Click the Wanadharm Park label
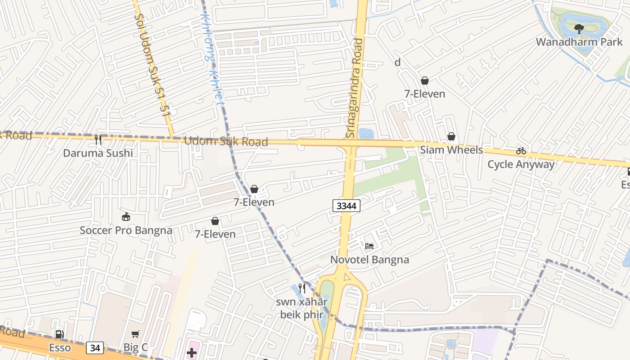coord(579,42)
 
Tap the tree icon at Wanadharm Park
coord(579,29)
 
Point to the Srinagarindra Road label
coord(354,88)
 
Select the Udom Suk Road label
coord(226,141)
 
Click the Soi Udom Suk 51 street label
coord(153,63)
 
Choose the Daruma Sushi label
coord(98,153)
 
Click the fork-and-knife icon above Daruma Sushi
coord(98,140)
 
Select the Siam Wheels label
coord(451,150)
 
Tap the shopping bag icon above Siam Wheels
coord(451,136)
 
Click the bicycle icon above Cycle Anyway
coord(521,151)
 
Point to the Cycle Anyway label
coord(521,164)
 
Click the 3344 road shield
coord(346,206)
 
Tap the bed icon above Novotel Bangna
coord(369,246)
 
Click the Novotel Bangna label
coord(369,260)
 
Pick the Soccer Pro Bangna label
coord(126,230)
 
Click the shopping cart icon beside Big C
coord(135,334)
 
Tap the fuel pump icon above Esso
coord(59,334)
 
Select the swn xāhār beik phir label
coord(302,308)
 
